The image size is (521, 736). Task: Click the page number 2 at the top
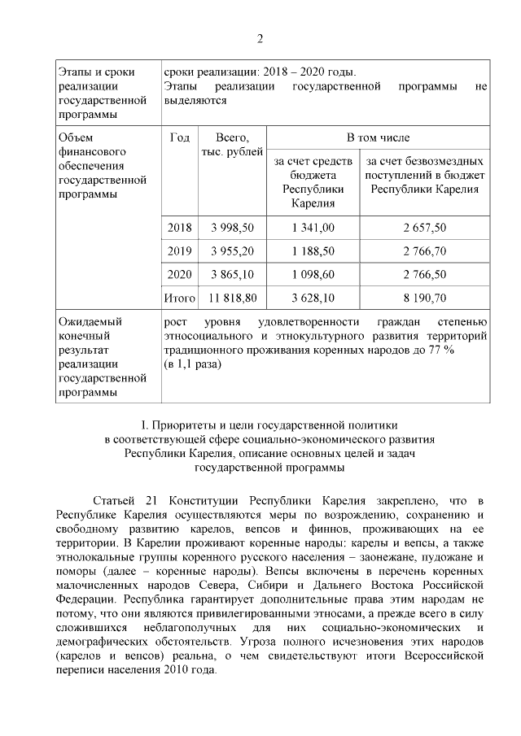tap(260, 39)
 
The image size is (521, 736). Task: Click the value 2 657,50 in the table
tap(424, 228)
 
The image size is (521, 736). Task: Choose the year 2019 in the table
tap(179, 251)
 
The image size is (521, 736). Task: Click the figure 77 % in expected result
tap(440, 350)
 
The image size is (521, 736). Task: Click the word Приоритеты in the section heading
tap(181, 425)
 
